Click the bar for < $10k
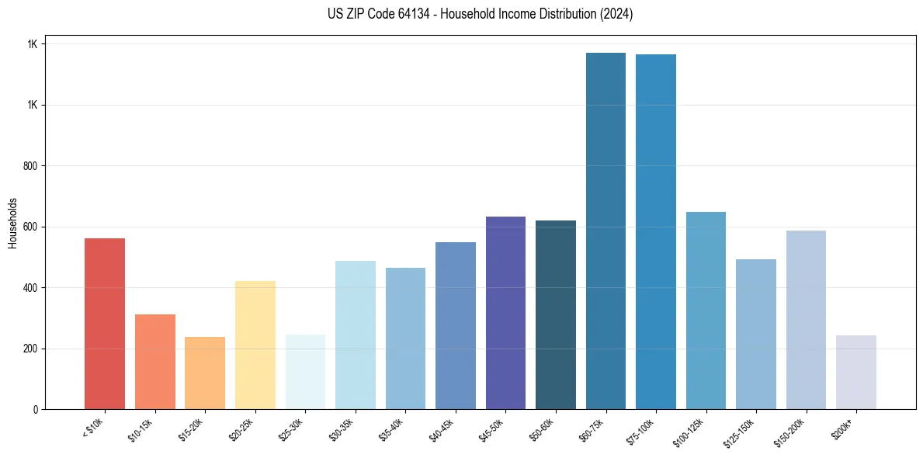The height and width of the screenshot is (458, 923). pyautogui.click(x=105, y=324)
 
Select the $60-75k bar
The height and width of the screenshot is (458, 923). pyautogui.click(x=606, y=231)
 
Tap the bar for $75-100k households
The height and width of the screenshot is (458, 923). pyautogui.click(x=656, y=231)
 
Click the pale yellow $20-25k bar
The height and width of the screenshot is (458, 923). pyautogui.click(x=255, y=345)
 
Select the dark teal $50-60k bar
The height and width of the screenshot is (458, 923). pyautogui.click(x=556, y=314)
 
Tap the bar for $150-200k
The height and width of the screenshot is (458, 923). pyautogui.click(x=806, y=320)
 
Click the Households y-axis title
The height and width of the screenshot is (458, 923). pyautogui.click(x=12, y=222)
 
